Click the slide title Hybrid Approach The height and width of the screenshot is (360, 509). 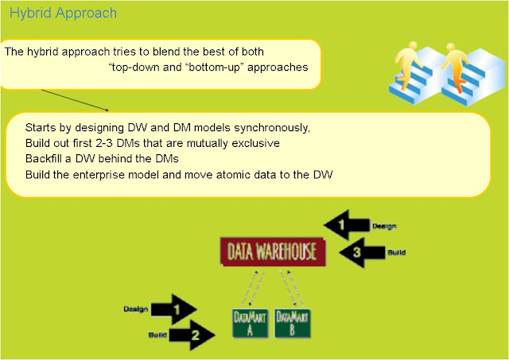click(x=63, y=14)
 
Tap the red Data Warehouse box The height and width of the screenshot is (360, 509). click(x=273, y=254)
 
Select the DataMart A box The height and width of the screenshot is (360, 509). click(x=247, y=324)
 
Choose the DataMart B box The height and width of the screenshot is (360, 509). click(x=290, y=324)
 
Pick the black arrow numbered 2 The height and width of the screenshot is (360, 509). click(x=191, y=335)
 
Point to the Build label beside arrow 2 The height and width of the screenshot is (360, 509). click(x=156, y=335)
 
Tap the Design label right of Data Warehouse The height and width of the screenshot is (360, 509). click(x=384, y=226)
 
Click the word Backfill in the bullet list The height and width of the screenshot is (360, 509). click(x=45, y=158)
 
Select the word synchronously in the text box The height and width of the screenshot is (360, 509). click(x=273, y=128)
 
